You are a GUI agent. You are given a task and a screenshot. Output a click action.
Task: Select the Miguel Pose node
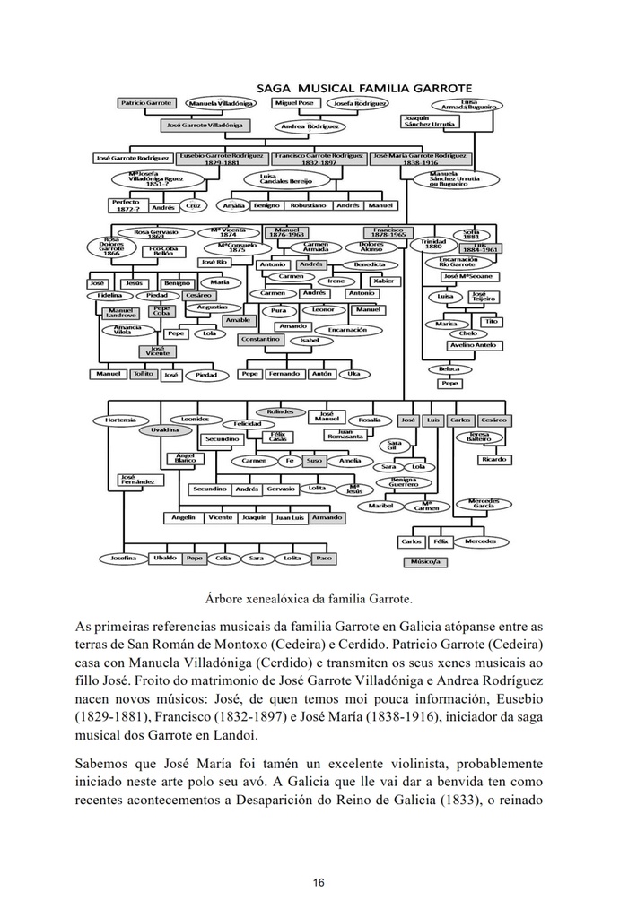(x=292, y=104)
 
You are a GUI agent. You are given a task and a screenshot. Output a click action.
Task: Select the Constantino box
(x=260, y=340)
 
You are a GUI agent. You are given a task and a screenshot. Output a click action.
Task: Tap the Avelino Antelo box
(x=473, y=345)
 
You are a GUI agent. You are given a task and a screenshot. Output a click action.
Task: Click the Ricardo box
(x=494, y=459)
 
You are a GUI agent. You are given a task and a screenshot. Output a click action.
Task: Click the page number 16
(x=318, y=882)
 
